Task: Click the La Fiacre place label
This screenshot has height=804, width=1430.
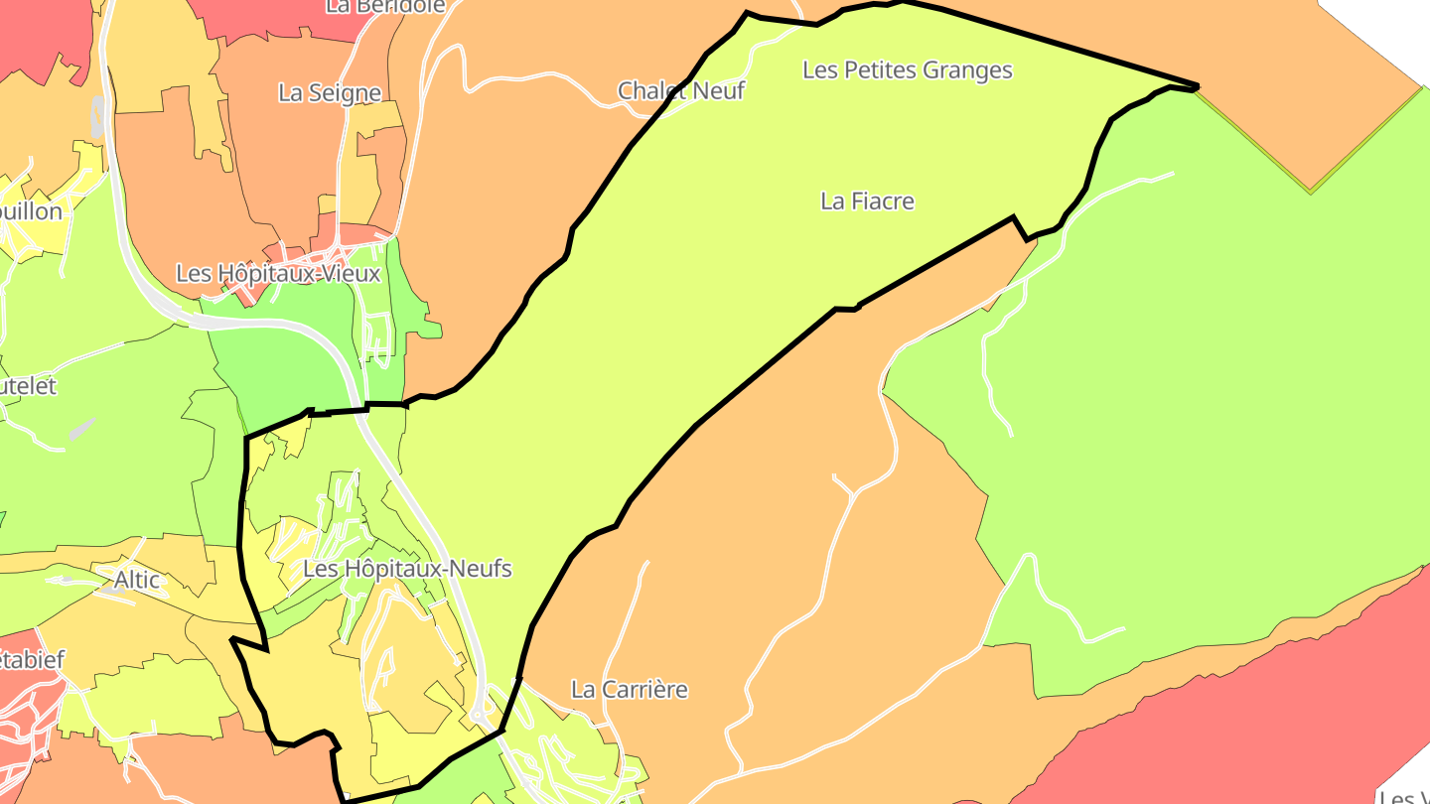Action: (867, 201)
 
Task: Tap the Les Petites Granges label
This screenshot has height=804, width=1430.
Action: (907, 70)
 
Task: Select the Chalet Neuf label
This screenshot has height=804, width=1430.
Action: (680, 90)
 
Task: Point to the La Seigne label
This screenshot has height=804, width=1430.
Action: (330, 93)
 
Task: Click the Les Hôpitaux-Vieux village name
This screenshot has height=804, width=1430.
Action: (278, 273)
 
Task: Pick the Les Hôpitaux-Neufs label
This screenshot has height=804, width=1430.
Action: (407, 569)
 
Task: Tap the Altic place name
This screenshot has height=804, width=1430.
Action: (137, 579)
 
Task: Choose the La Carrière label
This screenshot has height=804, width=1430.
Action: (629, 689)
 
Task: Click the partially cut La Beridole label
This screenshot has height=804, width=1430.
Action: (385, 6)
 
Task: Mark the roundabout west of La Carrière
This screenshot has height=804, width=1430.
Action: (479, 716)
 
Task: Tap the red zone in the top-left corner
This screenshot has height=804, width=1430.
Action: (30, 40)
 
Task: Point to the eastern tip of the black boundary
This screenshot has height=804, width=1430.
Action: (1197, 87)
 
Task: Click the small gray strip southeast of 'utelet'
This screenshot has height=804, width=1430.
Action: (82, 429)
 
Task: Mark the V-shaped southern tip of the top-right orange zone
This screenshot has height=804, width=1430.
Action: (1311, 189)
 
